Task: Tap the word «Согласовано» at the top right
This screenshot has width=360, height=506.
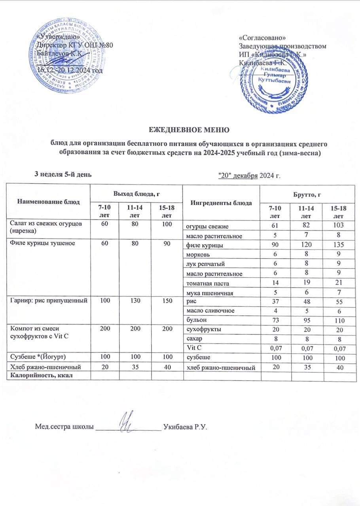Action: [263, 38]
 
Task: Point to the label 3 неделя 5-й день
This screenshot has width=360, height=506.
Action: [64, 174]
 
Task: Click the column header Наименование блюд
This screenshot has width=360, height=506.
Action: [49, 202]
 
